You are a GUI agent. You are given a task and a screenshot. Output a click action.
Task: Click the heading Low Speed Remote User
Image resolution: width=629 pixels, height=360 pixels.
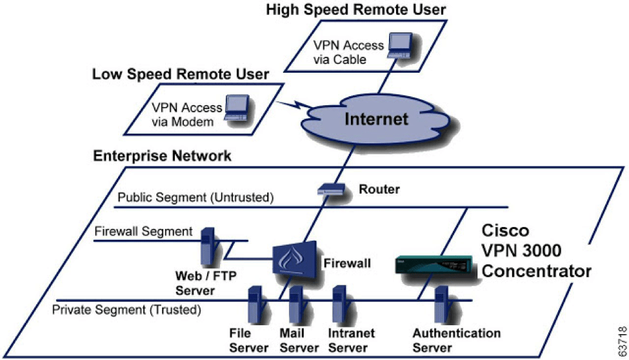pos(180,75)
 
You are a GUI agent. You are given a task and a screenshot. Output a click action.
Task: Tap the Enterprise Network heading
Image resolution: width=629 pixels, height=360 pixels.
pos(163,156)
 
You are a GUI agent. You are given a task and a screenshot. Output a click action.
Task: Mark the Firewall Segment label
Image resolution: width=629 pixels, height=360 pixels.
pos(143,231)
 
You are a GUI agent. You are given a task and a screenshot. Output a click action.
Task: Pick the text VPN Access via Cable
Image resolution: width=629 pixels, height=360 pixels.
pos(348,52)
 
